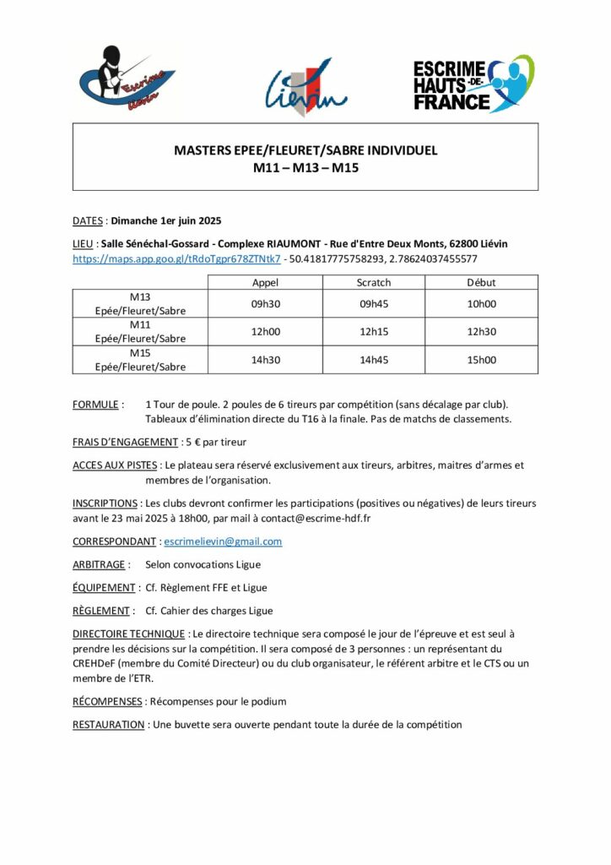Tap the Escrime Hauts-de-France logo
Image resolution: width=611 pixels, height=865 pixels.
(473, 84)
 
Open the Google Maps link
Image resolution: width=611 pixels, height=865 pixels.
(176, 258)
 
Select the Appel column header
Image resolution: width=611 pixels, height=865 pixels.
(265, 282)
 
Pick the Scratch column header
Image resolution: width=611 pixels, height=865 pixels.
(374, 282)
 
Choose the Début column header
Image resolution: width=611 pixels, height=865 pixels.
(481, 282)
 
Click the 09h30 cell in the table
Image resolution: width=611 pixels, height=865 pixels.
(265, 304)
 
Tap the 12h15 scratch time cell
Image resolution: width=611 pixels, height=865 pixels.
(374, 332)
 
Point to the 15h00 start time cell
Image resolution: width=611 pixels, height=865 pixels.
(481, 360)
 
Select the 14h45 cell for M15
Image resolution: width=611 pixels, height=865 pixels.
(374, 360)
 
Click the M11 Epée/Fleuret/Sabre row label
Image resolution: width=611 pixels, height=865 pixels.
(140, 332)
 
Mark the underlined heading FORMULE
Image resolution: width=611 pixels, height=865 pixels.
(95, 405)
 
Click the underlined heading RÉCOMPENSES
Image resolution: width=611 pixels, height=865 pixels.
(108, 701)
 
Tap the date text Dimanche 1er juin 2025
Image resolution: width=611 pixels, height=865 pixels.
(166, 221)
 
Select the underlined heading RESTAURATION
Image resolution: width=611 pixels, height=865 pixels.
(109, 725)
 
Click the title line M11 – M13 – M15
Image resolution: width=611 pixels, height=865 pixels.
(305, 168)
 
